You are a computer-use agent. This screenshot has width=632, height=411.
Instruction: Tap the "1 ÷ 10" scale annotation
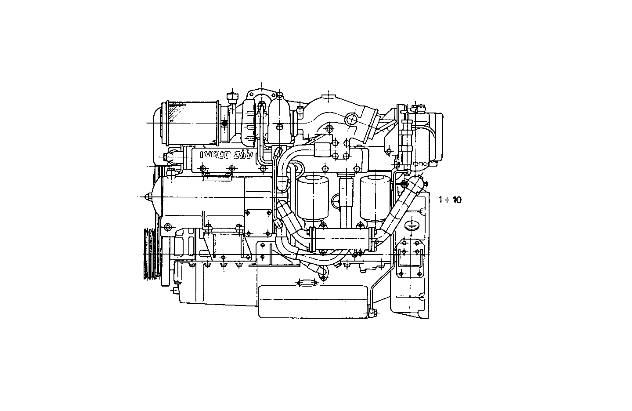(450, 200)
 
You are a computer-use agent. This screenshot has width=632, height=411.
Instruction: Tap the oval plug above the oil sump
(307, 283)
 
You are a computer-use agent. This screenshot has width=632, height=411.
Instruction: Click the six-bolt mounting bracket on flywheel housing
(410, 258)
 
